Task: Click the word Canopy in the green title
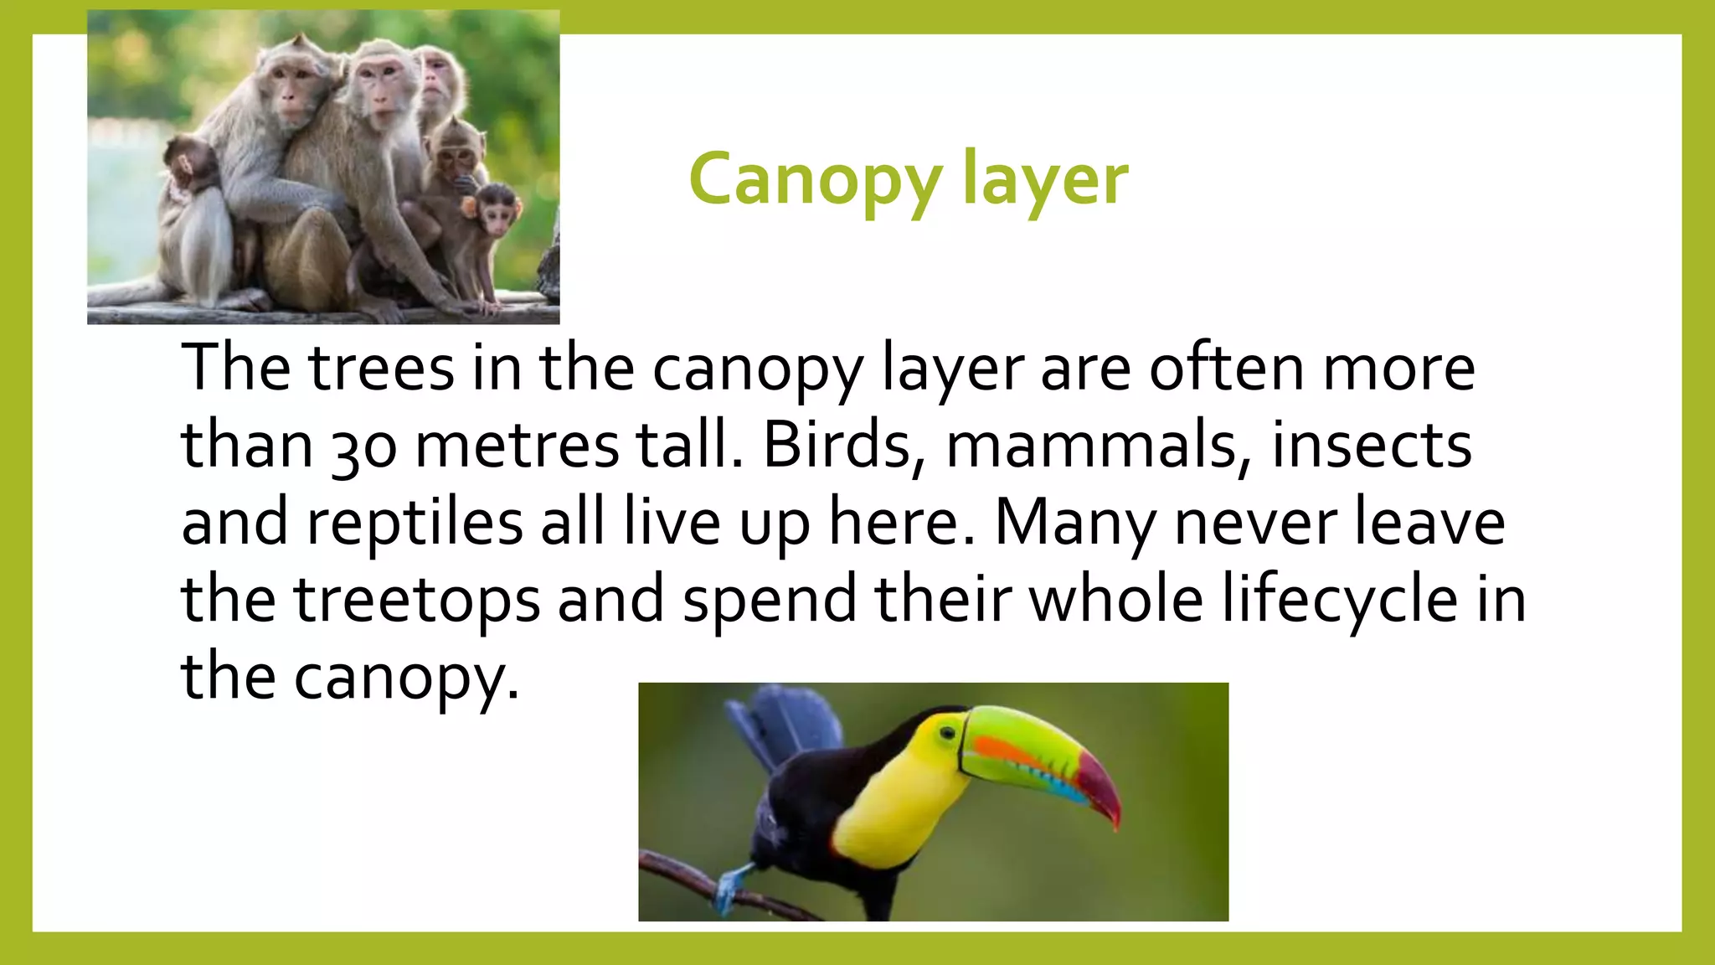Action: click(814, 180)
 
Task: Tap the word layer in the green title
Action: click(1045, 180)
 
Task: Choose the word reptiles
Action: click(415, 524)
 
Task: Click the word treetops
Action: click(416, 600)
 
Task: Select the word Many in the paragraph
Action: click(1075, 524)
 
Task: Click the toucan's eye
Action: click(947, 733)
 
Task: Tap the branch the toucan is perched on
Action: click(687, 875)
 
